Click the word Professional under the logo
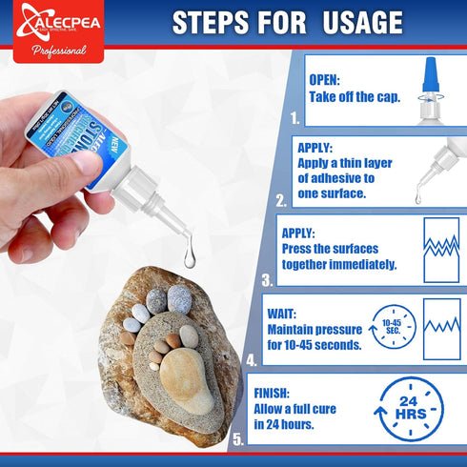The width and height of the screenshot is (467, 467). tap(58, 51)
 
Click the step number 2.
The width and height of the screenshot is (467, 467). tap(280, 201)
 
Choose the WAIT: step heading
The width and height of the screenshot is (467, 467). tap(289, 313)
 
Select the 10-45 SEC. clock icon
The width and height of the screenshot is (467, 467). tap(392, 329)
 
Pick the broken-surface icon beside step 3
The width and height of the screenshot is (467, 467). tap(441, 251)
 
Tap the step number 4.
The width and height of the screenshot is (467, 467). tap(251, 361)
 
